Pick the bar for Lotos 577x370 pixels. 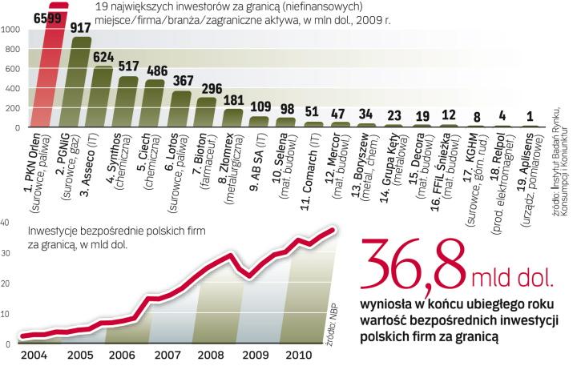(x=183, y=109)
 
